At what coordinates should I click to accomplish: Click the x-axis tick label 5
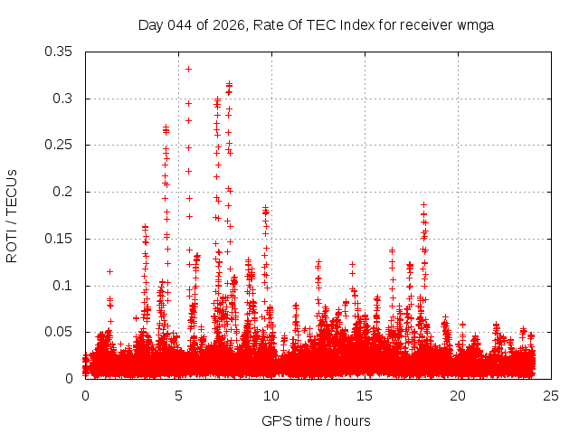(178, 396)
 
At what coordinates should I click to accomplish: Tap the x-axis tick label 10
(271, 396)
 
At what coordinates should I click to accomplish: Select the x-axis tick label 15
(365, 396)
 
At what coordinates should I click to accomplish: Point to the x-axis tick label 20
(458, 396)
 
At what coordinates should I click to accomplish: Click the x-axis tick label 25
(551, 396)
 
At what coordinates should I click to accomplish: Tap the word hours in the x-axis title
(350, 420)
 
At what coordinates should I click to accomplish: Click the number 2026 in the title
(225, 24)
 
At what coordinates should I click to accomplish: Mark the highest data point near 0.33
(188, 69)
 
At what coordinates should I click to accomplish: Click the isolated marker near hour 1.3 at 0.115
(109, 271)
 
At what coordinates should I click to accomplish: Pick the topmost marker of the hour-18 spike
(423, 205)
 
